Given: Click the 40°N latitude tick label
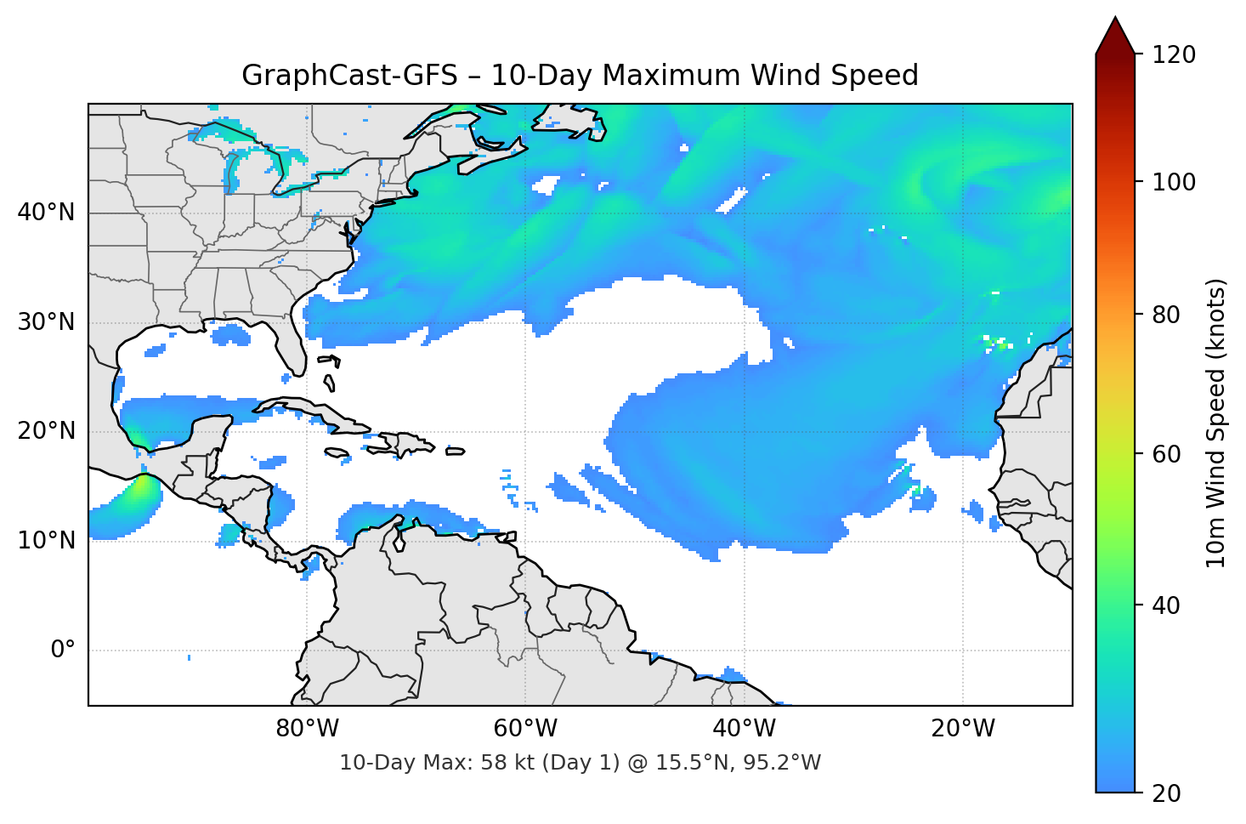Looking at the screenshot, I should click(x=46, y=213).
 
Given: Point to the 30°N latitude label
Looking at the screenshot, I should click(x=46, y=322).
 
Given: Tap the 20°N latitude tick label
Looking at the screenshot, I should click(x=46, y=431).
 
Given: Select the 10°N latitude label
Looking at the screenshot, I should click(x=46, y=541).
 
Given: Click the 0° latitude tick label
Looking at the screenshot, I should click(x=63, y=651).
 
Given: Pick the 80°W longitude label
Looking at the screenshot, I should click(x=308, y=729).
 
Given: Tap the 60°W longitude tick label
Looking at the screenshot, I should click(x=526, y=729).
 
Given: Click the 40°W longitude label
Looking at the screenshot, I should click(x=745, y=729).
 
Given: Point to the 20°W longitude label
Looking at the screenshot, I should click(x=963, y=729).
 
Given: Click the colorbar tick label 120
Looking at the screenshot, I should click(x=1174, y=55).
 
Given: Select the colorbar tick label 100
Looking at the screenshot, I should click(x=1174, y=182).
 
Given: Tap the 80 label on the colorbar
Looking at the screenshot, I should click(x=1166, y=315).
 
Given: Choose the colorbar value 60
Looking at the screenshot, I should click(x=1166, y=454).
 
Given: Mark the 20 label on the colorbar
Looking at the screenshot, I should click(x=1166, y=793).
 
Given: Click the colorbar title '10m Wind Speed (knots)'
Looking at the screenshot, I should click(x=1216, y=423).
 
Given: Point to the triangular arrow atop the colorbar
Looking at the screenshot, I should click(x=1115, y=37).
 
